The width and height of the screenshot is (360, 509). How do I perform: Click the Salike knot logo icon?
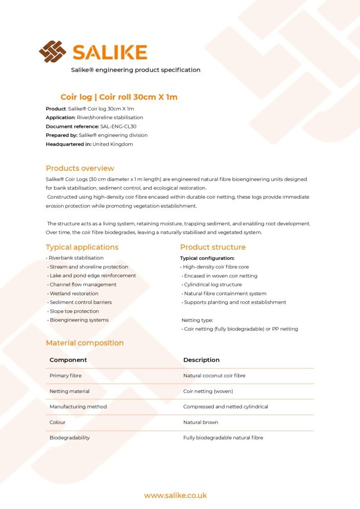[x=52, y=51]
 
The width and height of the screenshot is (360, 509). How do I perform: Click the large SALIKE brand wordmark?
[x=110, y=52]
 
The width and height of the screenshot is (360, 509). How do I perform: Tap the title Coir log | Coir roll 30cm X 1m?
[x=119, y=97]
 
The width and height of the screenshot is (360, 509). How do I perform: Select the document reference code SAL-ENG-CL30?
[x=118, y=126]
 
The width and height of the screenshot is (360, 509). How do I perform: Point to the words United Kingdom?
[x=113, y=144]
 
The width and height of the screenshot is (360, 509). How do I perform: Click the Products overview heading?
[x=80, y=168]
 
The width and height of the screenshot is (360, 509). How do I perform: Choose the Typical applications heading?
[x=82, y=247]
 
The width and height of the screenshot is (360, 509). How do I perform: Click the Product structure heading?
[x=213, y=247]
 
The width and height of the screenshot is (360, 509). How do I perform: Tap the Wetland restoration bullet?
[x=74, y=293]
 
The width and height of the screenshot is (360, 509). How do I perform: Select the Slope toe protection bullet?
[x=74, y=311]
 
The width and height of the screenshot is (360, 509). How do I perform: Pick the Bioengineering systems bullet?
[x=79, y=320]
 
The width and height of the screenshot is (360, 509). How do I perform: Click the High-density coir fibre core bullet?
[x=216, y=267]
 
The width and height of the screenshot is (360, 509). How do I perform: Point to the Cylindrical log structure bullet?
[x=213, y=285]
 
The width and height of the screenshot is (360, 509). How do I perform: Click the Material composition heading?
[x=85, y=343]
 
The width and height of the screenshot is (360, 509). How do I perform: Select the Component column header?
[x=68, y=360]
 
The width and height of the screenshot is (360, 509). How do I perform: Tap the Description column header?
[x=201, y=360]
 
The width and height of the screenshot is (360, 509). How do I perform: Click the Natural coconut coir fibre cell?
[x=214, y=376]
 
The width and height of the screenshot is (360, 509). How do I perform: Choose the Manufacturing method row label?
[x=78, y=407]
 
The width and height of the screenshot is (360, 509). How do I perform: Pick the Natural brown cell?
[x=201, y=422]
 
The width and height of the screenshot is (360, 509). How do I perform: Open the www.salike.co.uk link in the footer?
[x=176, y=496]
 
